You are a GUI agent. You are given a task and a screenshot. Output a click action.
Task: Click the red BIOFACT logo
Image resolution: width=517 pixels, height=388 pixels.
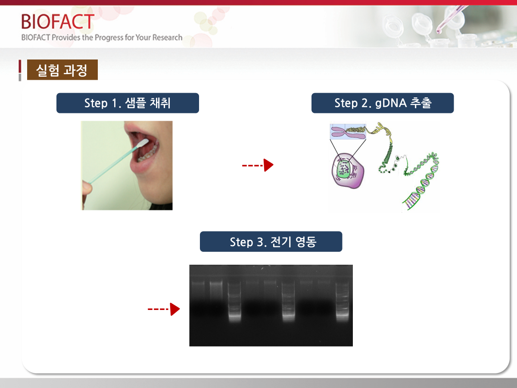(58, 22)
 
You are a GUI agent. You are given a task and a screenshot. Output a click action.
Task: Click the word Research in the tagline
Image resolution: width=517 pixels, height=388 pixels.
(168, 38)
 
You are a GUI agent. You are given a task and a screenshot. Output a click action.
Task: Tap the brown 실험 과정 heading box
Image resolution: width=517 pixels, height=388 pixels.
(62, 70)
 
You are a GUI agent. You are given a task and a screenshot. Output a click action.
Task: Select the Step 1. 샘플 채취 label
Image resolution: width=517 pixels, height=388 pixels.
(128, 103)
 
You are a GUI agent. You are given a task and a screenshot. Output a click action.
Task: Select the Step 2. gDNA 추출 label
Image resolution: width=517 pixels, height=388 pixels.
(383, 103)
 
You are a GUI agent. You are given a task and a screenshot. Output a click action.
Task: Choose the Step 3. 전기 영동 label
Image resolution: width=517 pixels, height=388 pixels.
(271, 241)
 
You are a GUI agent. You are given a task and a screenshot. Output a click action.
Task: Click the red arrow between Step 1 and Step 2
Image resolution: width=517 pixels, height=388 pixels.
(258, 165)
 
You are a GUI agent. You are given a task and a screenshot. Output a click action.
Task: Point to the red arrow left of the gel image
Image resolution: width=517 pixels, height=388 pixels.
(164, 309)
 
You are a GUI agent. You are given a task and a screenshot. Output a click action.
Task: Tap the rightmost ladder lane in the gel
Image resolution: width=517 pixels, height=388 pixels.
(342, 301)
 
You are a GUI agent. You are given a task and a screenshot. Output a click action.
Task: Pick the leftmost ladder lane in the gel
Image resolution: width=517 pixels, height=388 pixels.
(235, 301)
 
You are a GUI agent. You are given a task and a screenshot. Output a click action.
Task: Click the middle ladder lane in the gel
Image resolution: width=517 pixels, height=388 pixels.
(288, 301)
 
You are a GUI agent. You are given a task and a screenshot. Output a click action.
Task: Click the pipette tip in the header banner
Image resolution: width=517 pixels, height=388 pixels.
(439, 31)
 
